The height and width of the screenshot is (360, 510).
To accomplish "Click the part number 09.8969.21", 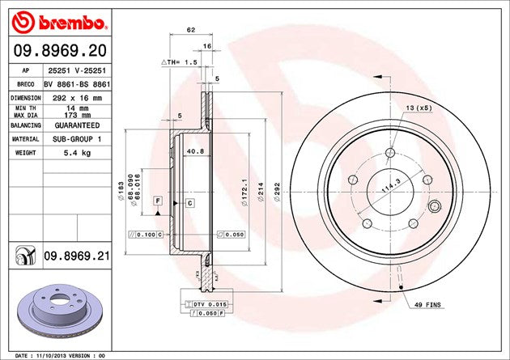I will coord(77,256).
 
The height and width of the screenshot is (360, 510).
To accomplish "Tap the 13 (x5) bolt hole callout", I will coord(419,108).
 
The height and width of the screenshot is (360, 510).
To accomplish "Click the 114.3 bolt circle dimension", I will coord(394,187).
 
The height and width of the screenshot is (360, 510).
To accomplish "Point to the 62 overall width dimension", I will coord(190,30).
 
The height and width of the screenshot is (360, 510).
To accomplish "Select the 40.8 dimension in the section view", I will coord(195,150).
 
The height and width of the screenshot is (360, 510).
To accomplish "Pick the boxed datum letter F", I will coord(157,199).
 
